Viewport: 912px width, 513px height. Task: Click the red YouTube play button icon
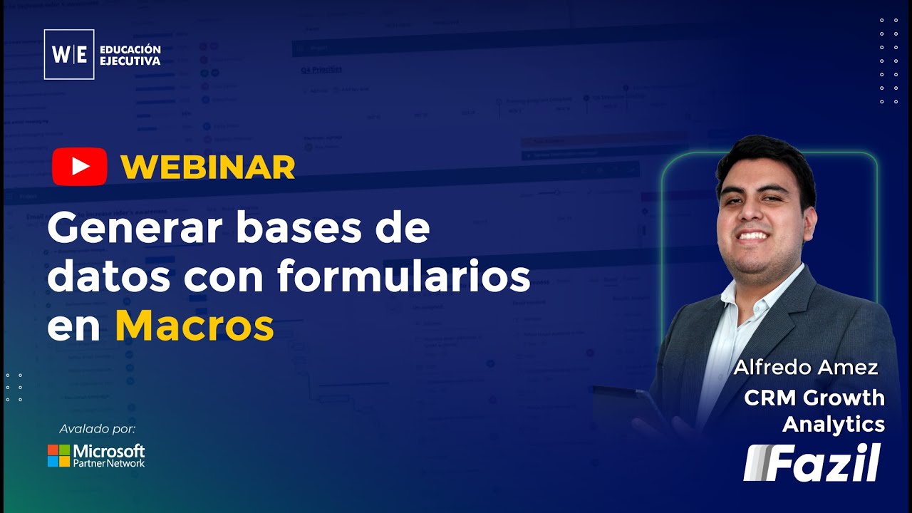tap(79, 166)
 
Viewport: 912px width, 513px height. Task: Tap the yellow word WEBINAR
tap(207, 167)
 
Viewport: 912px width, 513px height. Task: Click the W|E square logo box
tap(69, 54)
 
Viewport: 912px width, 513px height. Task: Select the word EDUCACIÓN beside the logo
tap(130, 49)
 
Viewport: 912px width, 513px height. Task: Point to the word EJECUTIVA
tap(130, 61)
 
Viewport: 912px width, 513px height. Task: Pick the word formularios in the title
tap(404, 277)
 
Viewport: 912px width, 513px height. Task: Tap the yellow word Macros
tap(195, 326)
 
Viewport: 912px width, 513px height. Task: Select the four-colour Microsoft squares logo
tap(58, 456)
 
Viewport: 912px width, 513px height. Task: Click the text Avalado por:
tap(97, 429)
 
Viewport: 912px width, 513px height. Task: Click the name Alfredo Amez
tap(806, 368)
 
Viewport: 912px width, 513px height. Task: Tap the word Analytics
tap(834, 424)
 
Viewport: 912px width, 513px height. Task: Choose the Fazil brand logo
tap(812, 462)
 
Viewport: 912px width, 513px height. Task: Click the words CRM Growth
tap(814, 398)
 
